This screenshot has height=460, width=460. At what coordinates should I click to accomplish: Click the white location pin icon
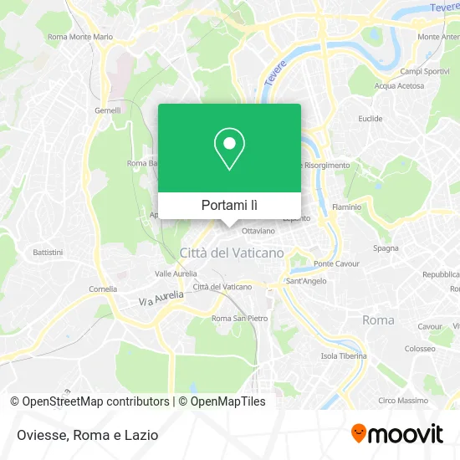(x=229, y=148)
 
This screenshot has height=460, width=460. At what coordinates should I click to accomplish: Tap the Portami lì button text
(x=229, y=205)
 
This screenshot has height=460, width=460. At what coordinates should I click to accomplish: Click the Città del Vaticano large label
(x=232, y=252)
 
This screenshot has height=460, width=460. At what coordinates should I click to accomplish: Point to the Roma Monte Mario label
(x=80, y=37)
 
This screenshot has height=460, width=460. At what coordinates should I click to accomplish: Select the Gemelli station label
(x=107, y=110)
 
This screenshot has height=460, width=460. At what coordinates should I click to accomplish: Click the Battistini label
(x=48, y=252)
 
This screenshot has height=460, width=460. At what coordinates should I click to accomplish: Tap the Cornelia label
(x=103, y=288)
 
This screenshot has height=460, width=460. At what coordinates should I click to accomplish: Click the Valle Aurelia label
(x=176, y=273)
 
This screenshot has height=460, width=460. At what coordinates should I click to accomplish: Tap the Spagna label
(x=386, y=248)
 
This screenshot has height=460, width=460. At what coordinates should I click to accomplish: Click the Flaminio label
(x=346, y=206)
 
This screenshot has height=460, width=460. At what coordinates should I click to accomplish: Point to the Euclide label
(x=370, y=119)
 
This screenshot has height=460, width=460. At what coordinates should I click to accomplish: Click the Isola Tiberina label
(x=344, y=355)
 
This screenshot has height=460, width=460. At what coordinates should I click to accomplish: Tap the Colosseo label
(x=419, y=348)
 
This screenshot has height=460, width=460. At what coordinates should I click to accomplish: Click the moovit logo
(x=396, y=434)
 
